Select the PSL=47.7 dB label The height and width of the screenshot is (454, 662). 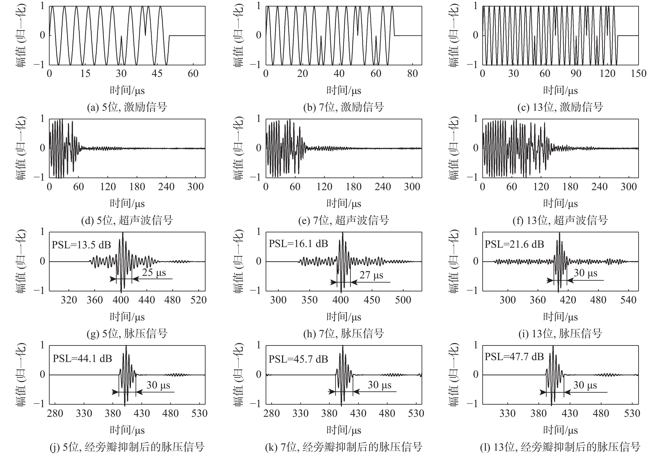[x=514, y=357]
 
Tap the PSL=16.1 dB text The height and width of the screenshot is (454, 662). [x=298, y=244]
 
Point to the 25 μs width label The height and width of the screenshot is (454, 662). [x=154, y=273]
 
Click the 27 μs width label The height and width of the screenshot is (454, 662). [x=371, y=275]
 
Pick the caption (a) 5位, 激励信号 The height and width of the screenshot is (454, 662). [x=127, y=107]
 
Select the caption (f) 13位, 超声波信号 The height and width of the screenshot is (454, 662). [x=560, y=220]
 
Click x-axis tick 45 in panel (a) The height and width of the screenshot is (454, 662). [x=157, y=74]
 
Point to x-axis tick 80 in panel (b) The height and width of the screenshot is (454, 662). [x=412, y=74]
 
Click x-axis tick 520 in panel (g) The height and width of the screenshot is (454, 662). [x=198, y=300]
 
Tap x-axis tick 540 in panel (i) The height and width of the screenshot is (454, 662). [x=628, y=300]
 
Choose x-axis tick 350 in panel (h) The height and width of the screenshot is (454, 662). [x=309, y=300]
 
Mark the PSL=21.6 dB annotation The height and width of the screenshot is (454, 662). [x=514, y=244]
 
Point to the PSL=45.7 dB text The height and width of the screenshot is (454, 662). [x=298, y=359]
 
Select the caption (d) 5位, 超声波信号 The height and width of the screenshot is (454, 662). [x=127, y=220]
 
